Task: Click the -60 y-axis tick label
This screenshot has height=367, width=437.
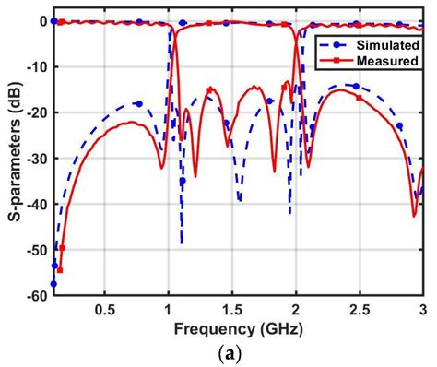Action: click(34, 295)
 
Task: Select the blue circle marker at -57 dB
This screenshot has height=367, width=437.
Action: click(54, 284)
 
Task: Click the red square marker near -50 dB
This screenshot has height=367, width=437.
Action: click(62, 248)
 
